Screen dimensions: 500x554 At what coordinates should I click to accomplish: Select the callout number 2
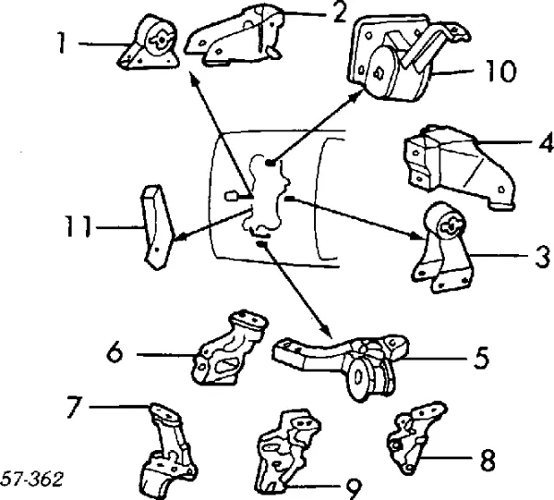(315, 13)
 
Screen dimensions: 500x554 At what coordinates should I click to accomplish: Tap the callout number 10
(500, 72)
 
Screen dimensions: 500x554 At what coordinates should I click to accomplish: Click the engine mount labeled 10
(388, 57)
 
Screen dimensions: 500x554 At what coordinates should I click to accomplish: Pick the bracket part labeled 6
(228, 348)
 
